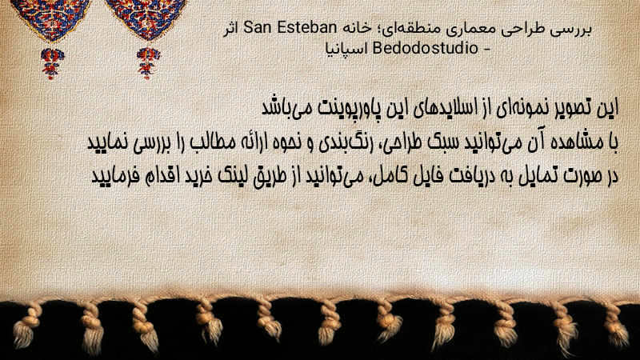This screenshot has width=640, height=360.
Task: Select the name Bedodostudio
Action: pos(426,48)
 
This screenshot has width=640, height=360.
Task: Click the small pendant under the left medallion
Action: pos(52,63)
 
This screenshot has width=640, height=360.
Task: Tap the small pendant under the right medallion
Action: pos(148,63)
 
